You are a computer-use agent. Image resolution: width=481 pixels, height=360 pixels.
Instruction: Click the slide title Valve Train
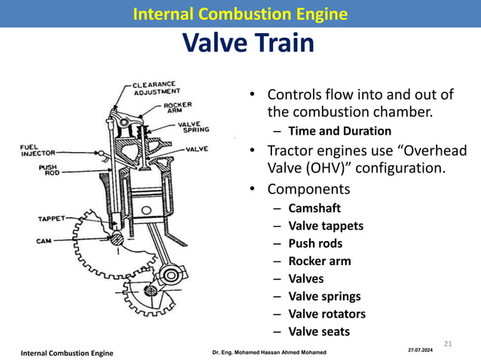pos(248,44)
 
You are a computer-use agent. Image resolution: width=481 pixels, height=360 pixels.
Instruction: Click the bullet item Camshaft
pos(314,208)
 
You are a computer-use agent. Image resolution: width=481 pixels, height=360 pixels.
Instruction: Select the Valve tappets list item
pos(326,225)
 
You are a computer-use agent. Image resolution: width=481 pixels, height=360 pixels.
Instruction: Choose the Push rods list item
pos(315,243)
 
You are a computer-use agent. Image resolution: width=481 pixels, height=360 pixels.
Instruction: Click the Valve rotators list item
pos(326,314)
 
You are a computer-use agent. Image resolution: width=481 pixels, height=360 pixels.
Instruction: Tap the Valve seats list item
pos(319,331)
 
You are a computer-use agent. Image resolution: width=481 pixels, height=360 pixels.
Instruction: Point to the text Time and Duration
pos(339,131)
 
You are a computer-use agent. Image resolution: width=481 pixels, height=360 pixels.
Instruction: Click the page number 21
pos(446,344)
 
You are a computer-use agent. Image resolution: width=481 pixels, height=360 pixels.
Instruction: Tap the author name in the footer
pos(269,352)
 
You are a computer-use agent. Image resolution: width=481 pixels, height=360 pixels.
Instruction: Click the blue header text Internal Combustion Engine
pos(240,14)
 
